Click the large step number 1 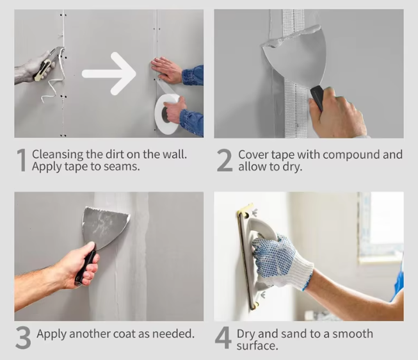coord(22,160)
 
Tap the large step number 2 coord(225,160)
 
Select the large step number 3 coord(23,338)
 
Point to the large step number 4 coord(223,338)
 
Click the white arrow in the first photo coord(109,74)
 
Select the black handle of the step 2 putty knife coord(318,97)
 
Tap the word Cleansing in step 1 coord(58,155)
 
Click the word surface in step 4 coord(257,346)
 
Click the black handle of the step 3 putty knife coord(84,267)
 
